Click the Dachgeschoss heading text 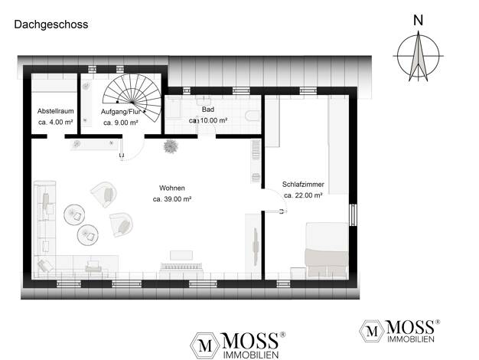[51, 25]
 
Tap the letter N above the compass [418, 21]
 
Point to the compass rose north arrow [419, 56]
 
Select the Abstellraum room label [56, 111]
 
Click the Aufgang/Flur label [121, 112]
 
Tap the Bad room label [208, 110]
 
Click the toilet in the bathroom [253, 116]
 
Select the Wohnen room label [172, 188]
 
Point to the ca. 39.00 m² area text [172, 199]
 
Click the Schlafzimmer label [303, 185]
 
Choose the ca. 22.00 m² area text [303, 195]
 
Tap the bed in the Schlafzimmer [327, 249]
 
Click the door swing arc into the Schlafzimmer [280, 195]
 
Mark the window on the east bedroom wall [353, 214]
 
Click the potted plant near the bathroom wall [171, 146]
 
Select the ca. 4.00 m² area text [56, 123]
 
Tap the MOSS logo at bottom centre [238, 345]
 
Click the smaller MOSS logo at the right [399, 331]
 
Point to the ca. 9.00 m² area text [121, 123]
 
